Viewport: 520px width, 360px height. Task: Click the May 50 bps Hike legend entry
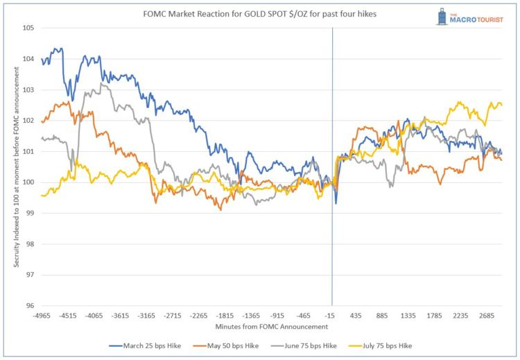[229, 345]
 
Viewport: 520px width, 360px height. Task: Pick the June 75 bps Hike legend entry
[308, 345]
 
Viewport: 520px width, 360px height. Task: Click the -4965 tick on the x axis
[42, 316]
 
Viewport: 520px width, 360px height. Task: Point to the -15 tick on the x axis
[331, 316]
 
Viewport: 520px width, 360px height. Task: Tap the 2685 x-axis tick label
[487, 316]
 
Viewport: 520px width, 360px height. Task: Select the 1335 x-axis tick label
[409, 316]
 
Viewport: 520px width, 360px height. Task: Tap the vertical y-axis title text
[16, 167]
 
